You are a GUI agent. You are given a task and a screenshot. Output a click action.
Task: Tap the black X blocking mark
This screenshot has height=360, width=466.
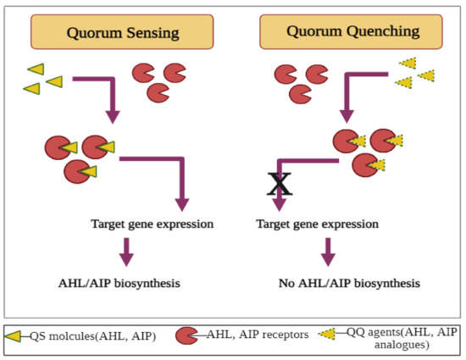[x=280, y=181]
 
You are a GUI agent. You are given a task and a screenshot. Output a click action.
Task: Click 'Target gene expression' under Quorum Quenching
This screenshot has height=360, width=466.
[x=317, y=224]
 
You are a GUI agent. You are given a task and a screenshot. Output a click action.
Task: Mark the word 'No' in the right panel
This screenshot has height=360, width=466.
[x=287, y=282]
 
